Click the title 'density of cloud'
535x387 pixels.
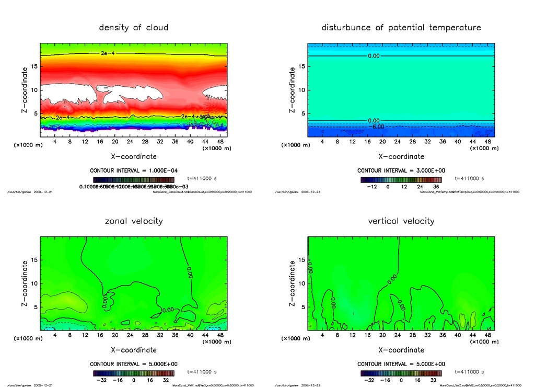tap(134, 27)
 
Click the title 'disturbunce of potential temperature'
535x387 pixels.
tap(401, 27)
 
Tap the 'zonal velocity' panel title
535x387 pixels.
tap(134, 221)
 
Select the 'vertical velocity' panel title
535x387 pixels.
tap(401, 221)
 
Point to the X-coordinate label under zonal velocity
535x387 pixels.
tap(134, 350)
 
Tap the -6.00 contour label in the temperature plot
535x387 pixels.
tap(378, 127)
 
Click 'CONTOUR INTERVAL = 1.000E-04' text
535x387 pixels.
tap(134, 170)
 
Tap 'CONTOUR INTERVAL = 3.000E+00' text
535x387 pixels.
tap(401, 170)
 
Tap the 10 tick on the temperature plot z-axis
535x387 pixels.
tap(302, 90)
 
